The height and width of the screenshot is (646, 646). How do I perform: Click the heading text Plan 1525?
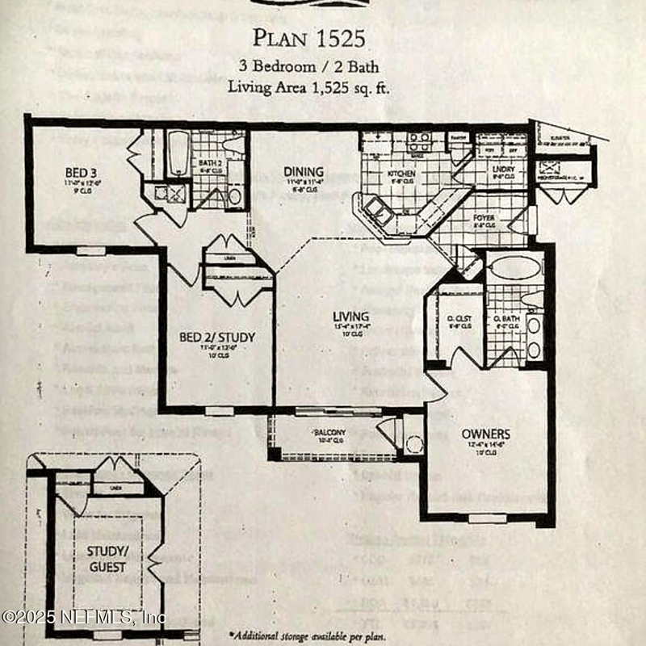click(x=308, y=37)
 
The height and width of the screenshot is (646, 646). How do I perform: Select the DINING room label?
click(x=304, y=172)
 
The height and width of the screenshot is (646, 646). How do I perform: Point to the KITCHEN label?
click(x=401, y=174)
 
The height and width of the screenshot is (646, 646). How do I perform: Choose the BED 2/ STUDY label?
click(x=217, y=337)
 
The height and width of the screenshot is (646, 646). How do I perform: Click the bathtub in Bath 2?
click(x=178, y=153)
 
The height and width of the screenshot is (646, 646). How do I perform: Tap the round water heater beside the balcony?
click(x=414, y=443)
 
